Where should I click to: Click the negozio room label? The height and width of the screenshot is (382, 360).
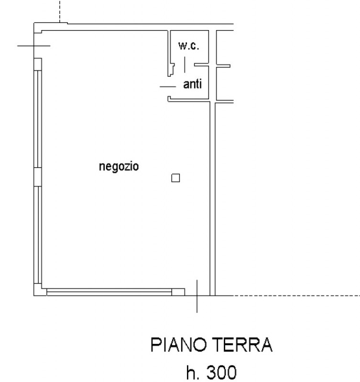tap(119, 167)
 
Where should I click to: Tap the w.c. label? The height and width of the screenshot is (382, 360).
tap(188, 45)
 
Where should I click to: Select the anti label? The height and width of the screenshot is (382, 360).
tap(193, 84)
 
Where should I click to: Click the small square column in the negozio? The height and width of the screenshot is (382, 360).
tap(175, 178)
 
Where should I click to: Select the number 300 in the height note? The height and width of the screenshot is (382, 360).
tap(221, 372)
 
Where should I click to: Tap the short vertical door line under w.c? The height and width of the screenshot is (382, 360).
tap(185, 64)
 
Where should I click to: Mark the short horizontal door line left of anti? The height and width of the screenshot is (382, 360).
tap(168, 86)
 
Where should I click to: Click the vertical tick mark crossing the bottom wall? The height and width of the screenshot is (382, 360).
tap(197, 296)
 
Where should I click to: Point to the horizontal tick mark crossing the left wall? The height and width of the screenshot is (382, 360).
tap(33, 45)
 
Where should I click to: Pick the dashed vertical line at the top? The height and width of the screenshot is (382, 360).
tap(60, 11)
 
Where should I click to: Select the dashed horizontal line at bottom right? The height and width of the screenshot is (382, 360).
tap(297, 296)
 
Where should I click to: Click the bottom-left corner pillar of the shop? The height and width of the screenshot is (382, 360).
tap(38, 290)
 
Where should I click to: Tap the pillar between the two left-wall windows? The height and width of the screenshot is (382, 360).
tap(38, 177)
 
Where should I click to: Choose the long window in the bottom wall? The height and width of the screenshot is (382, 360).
tap(109, 292)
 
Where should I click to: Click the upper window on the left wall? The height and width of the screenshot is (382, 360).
tap(38, 119)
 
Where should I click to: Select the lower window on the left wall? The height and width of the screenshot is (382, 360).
tap(38, 235)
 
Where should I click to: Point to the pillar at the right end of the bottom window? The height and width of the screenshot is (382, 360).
tap(178, 292)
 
